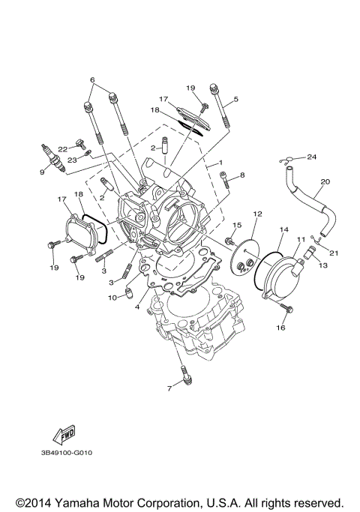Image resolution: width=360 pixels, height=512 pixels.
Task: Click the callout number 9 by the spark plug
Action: pyautogui.click(x=42, y=172)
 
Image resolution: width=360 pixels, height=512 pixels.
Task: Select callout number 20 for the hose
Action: pyautogui.click(x=325, y=181)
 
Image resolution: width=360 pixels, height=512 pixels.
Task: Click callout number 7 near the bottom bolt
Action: pyautogui.click(x=169, y=388)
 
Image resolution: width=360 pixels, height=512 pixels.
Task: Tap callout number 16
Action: pyautogui.click(x=283, y=328)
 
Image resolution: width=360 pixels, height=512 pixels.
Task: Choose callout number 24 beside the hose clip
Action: pyautogui.click(x=312, y=156)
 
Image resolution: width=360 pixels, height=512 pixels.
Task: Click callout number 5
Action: pyautogui.click(x=235, y=98)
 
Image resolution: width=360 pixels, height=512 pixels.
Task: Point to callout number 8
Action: pyautogui.click(x=242, y=176)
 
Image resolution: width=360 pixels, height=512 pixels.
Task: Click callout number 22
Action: pyautogui.click(x=62, y=148)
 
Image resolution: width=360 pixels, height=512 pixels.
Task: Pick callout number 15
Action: pyautogui.click(x=235, y=225)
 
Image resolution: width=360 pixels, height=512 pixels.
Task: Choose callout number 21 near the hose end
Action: pyautogui.click(x=334, y=253)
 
